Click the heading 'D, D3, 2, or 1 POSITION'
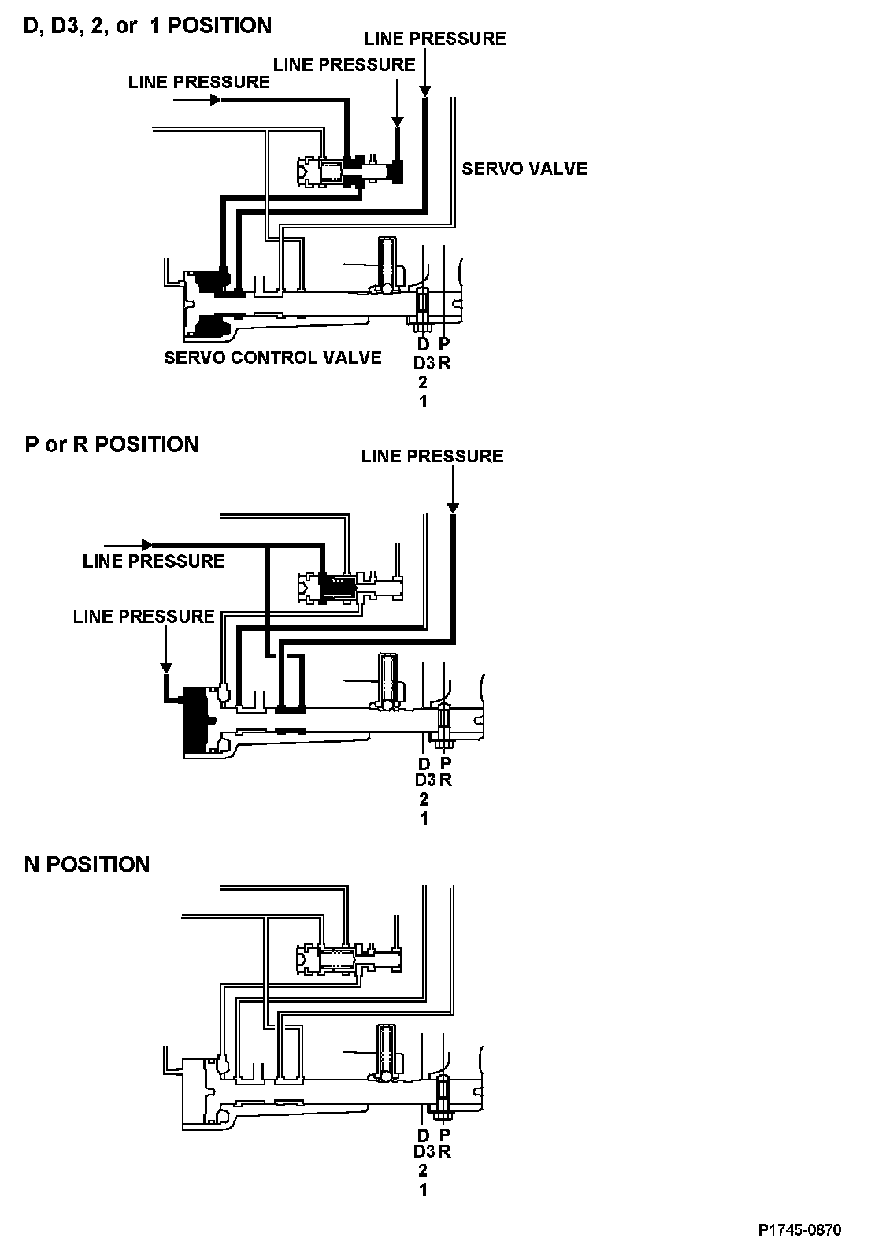point(148,26)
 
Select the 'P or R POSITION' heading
point(112,445)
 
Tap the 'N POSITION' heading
point(87,864)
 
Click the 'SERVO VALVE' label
point(524,169)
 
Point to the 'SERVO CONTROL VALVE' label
point(272,358)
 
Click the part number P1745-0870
point(800,1229)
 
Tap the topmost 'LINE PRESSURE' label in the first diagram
point(435,39)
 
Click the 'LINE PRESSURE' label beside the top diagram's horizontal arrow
point(198,82)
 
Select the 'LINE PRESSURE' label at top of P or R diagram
point(432,457)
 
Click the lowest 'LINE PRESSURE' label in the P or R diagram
point(143,616)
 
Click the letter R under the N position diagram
point(445,1151)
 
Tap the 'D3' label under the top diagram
point(424,363)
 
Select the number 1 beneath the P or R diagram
point(424,817)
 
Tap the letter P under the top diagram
point(444,344)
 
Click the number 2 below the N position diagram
point(424,1170)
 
